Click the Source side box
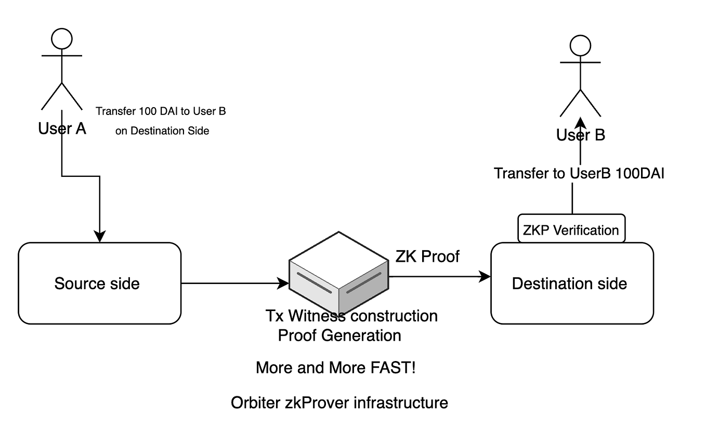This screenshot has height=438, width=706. [x=99, y=284]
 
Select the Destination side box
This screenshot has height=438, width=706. [x=571, y=284]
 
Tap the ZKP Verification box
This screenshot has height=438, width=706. [x=571, y=230]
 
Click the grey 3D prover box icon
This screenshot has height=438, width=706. [x=339, y=273]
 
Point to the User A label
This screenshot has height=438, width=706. [x=62, y=128]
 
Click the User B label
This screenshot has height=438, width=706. [x=580, y=135]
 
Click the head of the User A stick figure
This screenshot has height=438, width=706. [x=61, y=38]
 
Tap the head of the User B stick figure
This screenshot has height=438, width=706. [x=580, y=46]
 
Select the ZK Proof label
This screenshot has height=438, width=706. [x=427, y=256]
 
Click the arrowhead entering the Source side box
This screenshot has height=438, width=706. [x=99, y=237]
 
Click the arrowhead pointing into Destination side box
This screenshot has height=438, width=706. [x=485, y=276]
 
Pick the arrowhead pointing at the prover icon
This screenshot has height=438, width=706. [x=283, y=284]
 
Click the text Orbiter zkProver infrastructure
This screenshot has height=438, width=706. [x=339, y=403]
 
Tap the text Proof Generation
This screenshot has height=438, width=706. [x=339, y=336]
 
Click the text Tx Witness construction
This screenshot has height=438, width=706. [x=351, y=316]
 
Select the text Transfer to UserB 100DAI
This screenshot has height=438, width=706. [x=579, y=173]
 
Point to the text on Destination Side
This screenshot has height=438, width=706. [x=162, y=131]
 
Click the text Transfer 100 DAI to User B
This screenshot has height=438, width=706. [x=161, y=111]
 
